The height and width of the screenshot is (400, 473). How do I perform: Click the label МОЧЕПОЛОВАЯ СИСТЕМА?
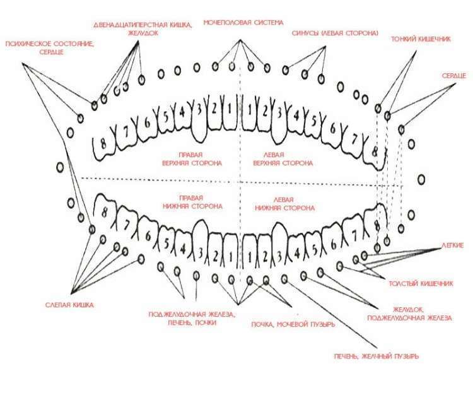pos(243,23)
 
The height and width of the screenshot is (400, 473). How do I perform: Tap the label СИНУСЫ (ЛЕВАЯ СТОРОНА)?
pos(335,33)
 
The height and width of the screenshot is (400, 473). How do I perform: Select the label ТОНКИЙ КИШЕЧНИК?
pos(421,39)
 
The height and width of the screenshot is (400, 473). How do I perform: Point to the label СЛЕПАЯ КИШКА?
pos(69,305)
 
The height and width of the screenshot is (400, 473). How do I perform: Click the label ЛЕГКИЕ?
pos(452,245)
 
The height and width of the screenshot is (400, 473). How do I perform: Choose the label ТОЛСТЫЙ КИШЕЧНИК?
pos(421,284)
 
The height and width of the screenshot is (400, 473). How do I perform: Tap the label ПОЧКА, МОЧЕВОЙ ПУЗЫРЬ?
pos(293,324)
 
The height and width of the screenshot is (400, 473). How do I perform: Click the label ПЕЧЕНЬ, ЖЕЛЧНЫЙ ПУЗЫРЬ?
pos(377,356)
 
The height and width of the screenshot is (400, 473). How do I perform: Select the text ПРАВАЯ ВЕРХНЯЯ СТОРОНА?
pos(192,159)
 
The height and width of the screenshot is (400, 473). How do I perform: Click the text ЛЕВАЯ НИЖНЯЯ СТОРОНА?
pos(285,204)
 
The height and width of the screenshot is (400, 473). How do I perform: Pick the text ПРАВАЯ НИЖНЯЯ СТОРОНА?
pos(192,203)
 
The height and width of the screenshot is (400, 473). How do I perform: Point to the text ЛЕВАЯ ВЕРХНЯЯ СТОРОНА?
pos(283,159)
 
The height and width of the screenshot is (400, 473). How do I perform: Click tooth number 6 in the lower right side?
pos(148,236)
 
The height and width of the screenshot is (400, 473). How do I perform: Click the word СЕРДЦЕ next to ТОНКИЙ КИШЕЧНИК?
pos(454,76)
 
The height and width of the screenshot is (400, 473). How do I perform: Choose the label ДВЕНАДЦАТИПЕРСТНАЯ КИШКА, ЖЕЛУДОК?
pos(143,29)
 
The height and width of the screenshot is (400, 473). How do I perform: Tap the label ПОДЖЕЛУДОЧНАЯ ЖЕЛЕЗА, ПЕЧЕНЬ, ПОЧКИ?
pos(192,319)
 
